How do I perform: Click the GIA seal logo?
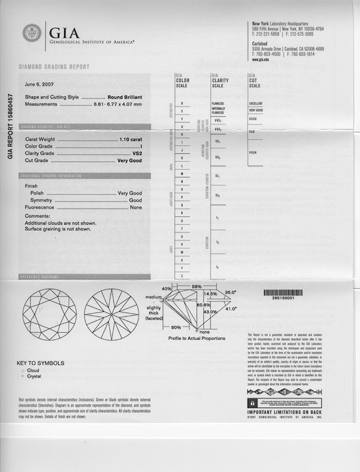point(32,34)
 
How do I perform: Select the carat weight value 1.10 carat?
point(130,139)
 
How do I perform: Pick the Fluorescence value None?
point(136,207)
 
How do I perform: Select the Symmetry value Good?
point(135,201)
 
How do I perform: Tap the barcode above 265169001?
point(283,292)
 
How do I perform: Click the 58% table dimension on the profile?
point(197,286)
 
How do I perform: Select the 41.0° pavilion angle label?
point(231,308)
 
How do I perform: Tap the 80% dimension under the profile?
point(176,328)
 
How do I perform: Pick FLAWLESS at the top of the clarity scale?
point(218,104)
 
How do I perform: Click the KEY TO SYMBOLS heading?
point(40,363)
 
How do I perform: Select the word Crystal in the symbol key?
point(34,376)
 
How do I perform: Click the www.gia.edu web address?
point(260,59)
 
